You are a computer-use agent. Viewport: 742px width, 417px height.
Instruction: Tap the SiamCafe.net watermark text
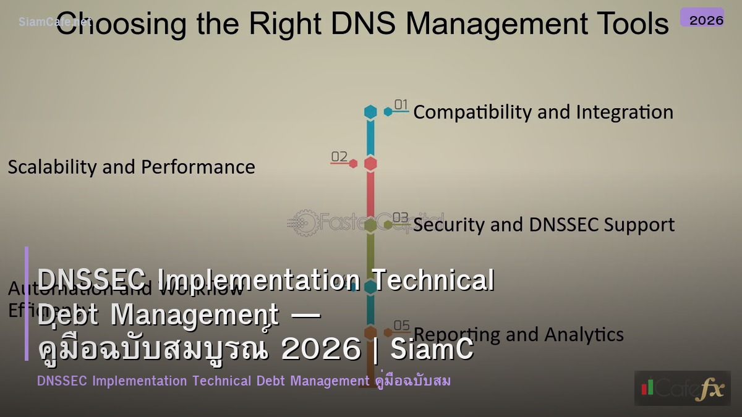pyautogui.click(x=54, y=22)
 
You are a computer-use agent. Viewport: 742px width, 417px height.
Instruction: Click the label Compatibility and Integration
pyautogui.click(x=543, y=112)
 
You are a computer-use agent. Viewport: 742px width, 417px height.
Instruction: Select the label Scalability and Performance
pyautogui.click(x=131, y=167)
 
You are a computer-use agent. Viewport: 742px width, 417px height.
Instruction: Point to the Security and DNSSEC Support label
pyautogui.click(x=544, y=225)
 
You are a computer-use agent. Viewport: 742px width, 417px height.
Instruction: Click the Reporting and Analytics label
pyautogui.click(x=518, y=334)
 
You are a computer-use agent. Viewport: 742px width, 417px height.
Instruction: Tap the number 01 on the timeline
pyautogui.click(x=401, y=105)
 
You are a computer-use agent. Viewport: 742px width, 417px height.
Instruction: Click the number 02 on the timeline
pyautogui.click(x=339, y=157)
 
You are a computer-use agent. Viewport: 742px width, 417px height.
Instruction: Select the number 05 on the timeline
pyautogui.click(x=401, y=326)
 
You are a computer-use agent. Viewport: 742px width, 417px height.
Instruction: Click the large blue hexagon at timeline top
pyautogui.click(x=370, y=112)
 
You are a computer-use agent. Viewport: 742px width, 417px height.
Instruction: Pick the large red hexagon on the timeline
pyautogui.click(x=370, y=164)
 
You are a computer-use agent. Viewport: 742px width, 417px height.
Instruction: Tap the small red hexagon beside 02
pyautogui.click(x=353, y=164)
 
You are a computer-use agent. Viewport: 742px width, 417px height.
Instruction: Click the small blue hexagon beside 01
pyautogui.click(x=388, y=112)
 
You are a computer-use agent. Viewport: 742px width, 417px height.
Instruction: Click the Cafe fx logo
pyautogui.click(x=682, y=388)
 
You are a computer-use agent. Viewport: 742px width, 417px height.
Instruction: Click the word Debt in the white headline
pyautogui.click(x=68, y=315)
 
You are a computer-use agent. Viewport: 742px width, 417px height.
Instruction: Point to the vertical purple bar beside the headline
pyautogui.click(x=27, y=303)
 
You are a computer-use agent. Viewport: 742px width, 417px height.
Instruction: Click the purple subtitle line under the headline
pyautogui.click(x=244, y=381)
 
